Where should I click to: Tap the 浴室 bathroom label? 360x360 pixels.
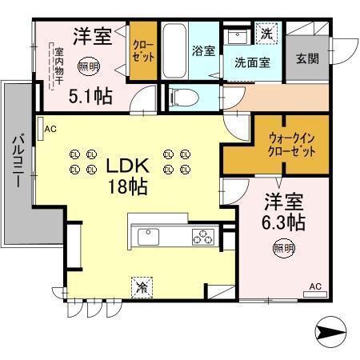202,50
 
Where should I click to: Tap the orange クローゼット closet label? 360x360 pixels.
144,51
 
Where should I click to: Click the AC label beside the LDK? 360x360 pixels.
50,128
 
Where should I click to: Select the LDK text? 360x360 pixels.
127,167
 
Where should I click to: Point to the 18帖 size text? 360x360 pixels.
127,188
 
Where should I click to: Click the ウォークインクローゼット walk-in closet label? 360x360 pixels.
275,144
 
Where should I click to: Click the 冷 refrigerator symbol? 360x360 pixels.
142,285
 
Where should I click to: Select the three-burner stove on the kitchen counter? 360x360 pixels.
202,237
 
